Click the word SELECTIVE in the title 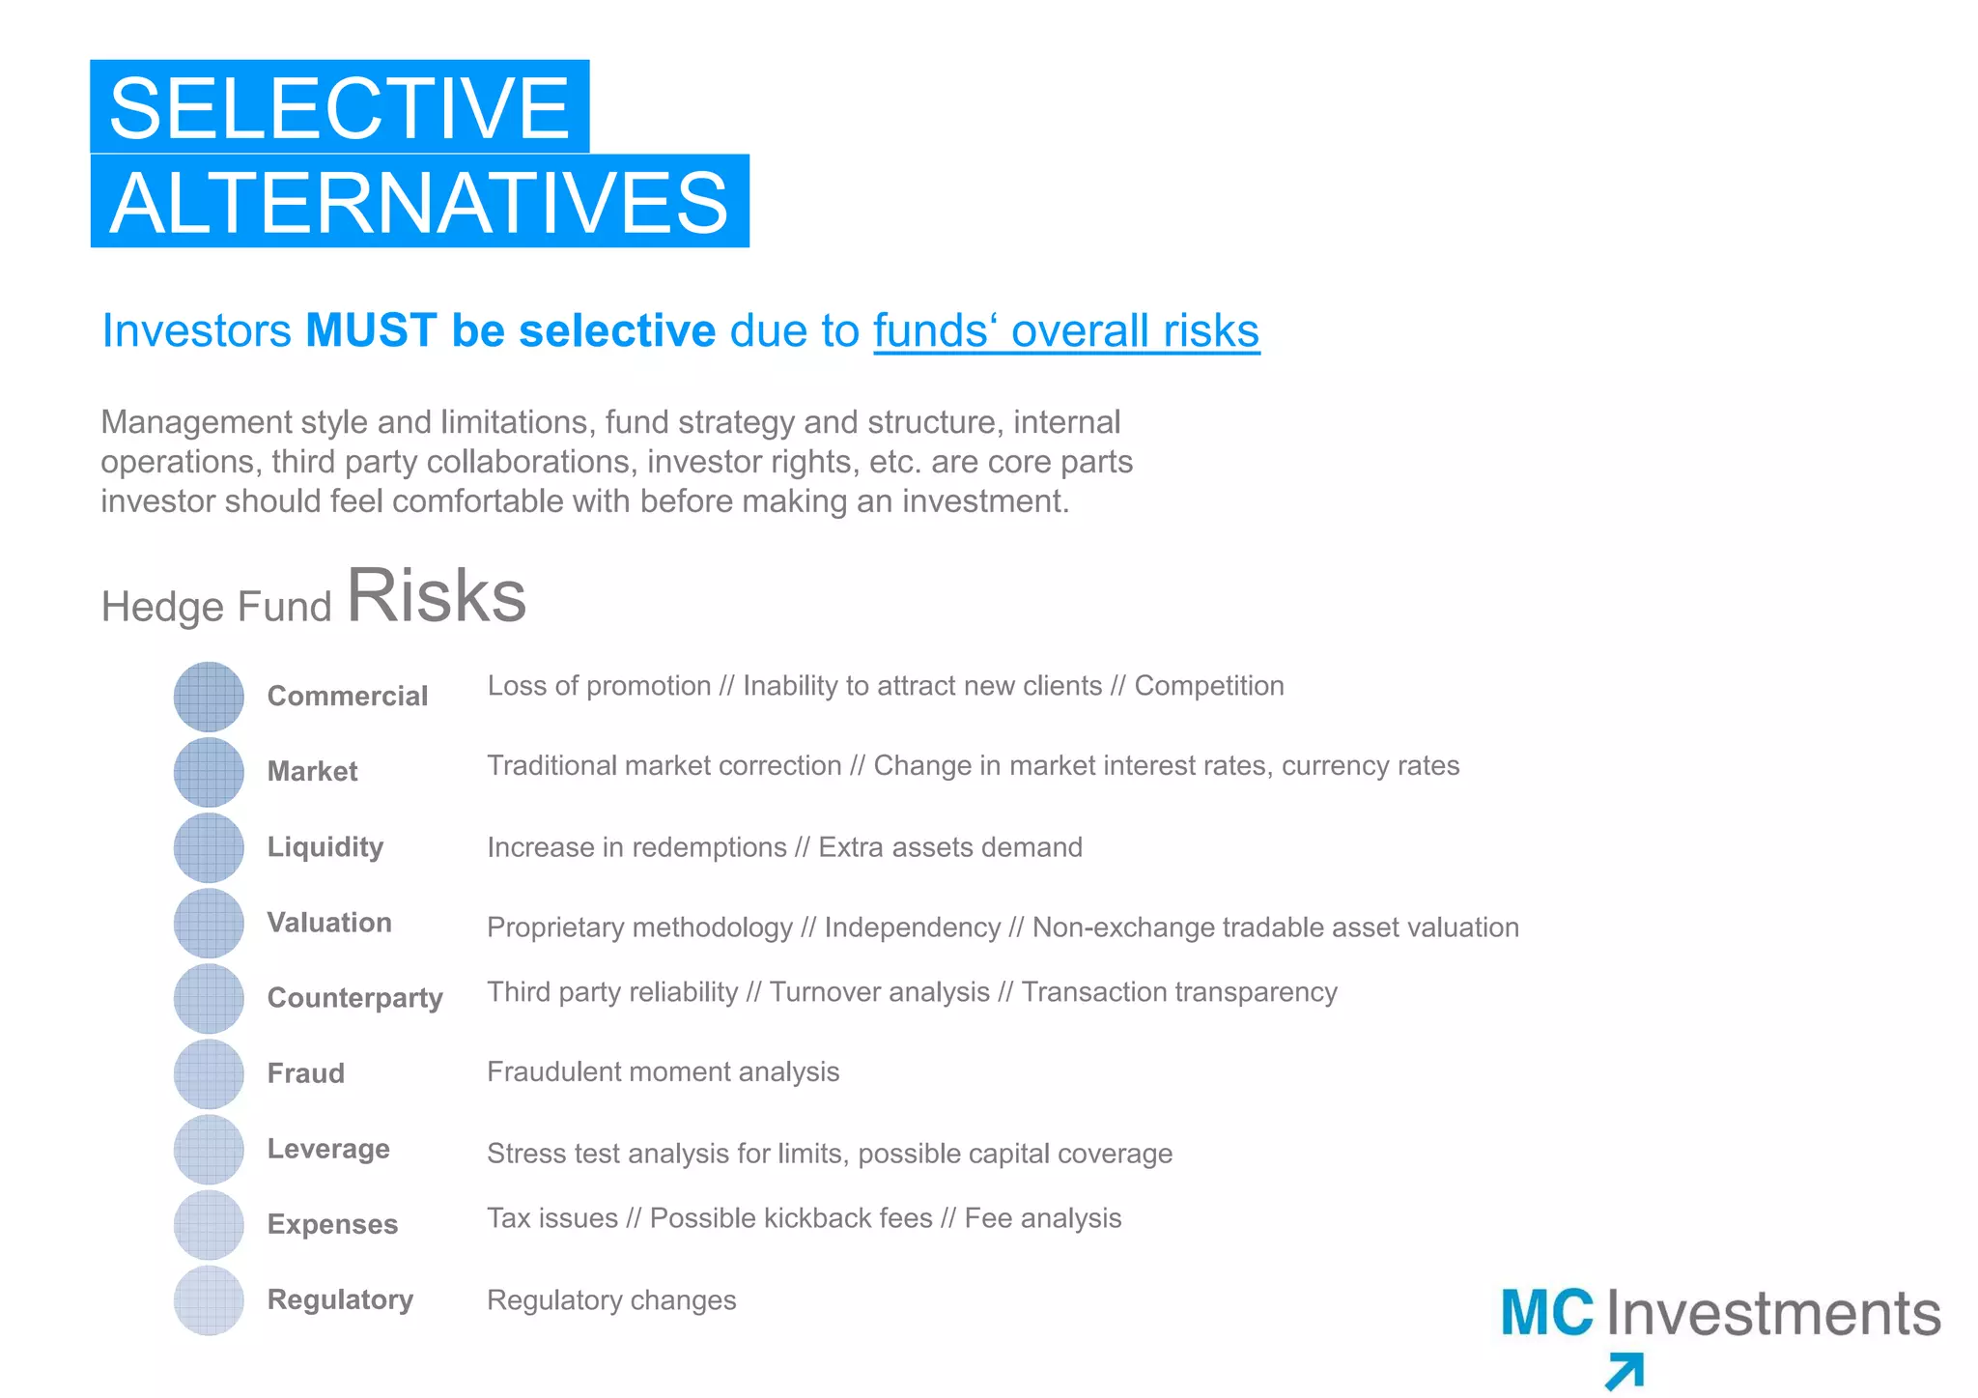click(x=339, y=107)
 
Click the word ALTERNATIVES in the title click(x=419, y=202)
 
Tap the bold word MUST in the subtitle click(x=371, y=330)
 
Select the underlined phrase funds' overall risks click(x=1066, y=330)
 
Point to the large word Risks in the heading click(x=437, y=595)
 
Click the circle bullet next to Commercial click(x=209, y=697)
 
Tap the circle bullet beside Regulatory click(x=209, y=1300)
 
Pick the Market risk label click(x=312, y=771)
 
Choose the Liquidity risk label click(x=325, y=846)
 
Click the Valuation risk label click(x=329, y=923)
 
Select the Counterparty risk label click(x=354, y=997)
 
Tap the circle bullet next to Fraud click(x=209, y=1073)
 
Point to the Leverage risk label click(x=328, y=1149)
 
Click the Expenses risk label click(x=332, y=1224)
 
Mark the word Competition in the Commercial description click(x=1209, y=686)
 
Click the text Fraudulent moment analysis click(x=663, y=1071)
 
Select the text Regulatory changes click(x=611, y=1300)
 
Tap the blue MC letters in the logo click(x=1547, y=1313)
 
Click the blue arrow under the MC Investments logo click(x=1625, y=1371)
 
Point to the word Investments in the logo click(x=1773, y=1313)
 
